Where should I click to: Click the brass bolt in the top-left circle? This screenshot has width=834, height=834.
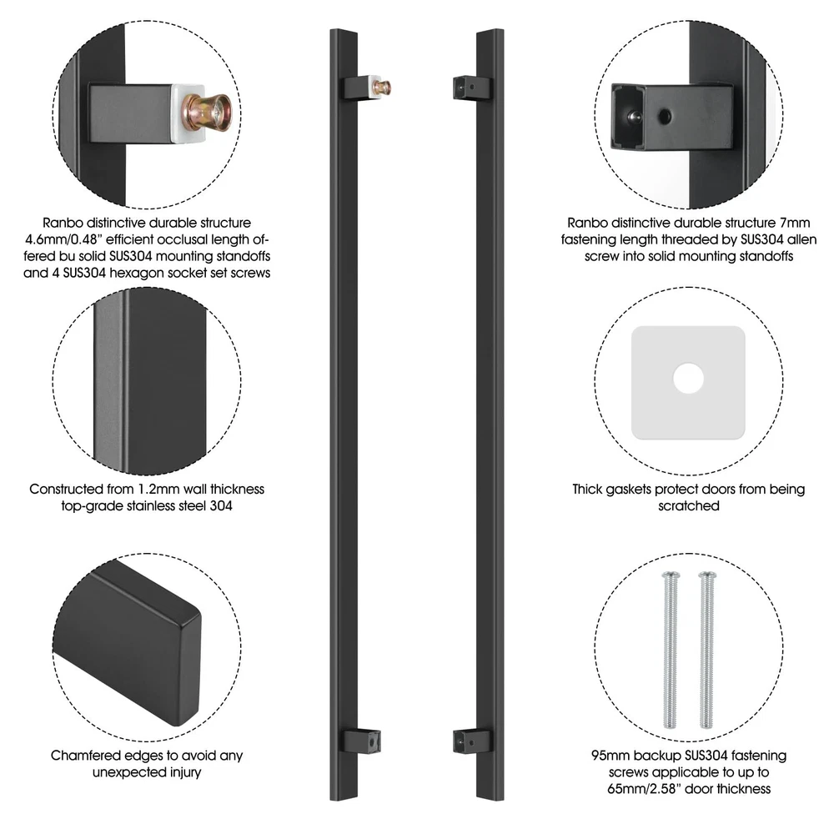click(x=206, y=113)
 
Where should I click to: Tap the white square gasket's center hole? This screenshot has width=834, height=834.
click(x=688, y=378)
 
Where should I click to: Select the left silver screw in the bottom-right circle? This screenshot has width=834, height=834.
click(x=671, y=650)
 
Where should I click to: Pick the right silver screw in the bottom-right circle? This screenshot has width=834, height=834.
click(x=707, y=650)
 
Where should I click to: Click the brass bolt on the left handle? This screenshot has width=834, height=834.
click(x=383, y=88)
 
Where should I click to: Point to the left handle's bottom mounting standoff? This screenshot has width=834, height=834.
click(x=360, y=741)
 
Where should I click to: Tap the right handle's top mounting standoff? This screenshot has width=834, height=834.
click(x=473, y=88)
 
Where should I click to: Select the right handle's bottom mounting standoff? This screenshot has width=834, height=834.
click(x=473, y=741)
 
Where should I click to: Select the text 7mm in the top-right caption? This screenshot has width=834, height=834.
click(x=795, y=223)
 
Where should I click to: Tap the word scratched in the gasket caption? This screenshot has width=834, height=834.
click(x=688, y=505)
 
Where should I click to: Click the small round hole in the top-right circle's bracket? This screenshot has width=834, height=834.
click(x=665, y=115)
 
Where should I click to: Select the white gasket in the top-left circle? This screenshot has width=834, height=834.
click(x=187, y=113)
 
